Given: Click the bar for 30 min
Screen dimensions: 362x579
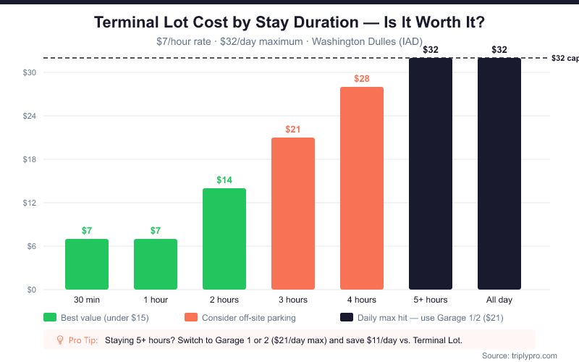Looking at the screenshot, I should click(x=87, y=264).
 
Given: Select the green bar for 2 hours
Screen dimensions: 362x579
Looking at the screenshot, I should click(x=224, y=239).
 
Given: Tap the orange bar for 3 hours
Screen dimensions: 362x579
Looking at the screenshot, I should click(x=293, y=214).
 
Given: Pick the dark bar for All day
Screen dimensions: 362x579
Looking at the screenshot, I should click(x=499, y=174).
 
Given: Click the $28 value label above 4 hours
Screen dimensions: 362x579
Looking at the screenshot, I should click(x=362, y=78).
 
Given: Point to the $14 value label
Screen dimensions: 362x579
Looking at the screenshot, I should click(x=224, y=180).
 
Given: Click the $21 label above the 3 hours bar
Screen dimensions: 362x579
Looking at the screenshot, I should click(x=293, y=129).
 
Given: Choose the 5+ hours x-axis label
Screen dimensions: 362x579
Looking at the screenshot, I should click(x=431, y=300).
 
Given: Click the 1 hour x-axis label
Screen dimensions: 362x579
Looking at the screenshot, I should click(x=156, y=300).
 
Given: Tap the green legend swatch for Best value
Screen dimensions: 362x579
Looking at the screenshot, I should click(x=50, y=317).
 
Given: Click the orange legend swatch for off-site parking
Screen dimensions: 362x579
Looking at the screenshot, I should click(x=191, y=317).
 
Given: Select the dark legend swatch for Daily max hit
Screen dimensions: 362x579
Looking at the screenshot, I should click(x=347, y=317).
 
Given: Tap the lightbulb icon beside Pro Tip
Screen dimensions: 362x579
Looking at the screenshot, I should click(x=61, y=340).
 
